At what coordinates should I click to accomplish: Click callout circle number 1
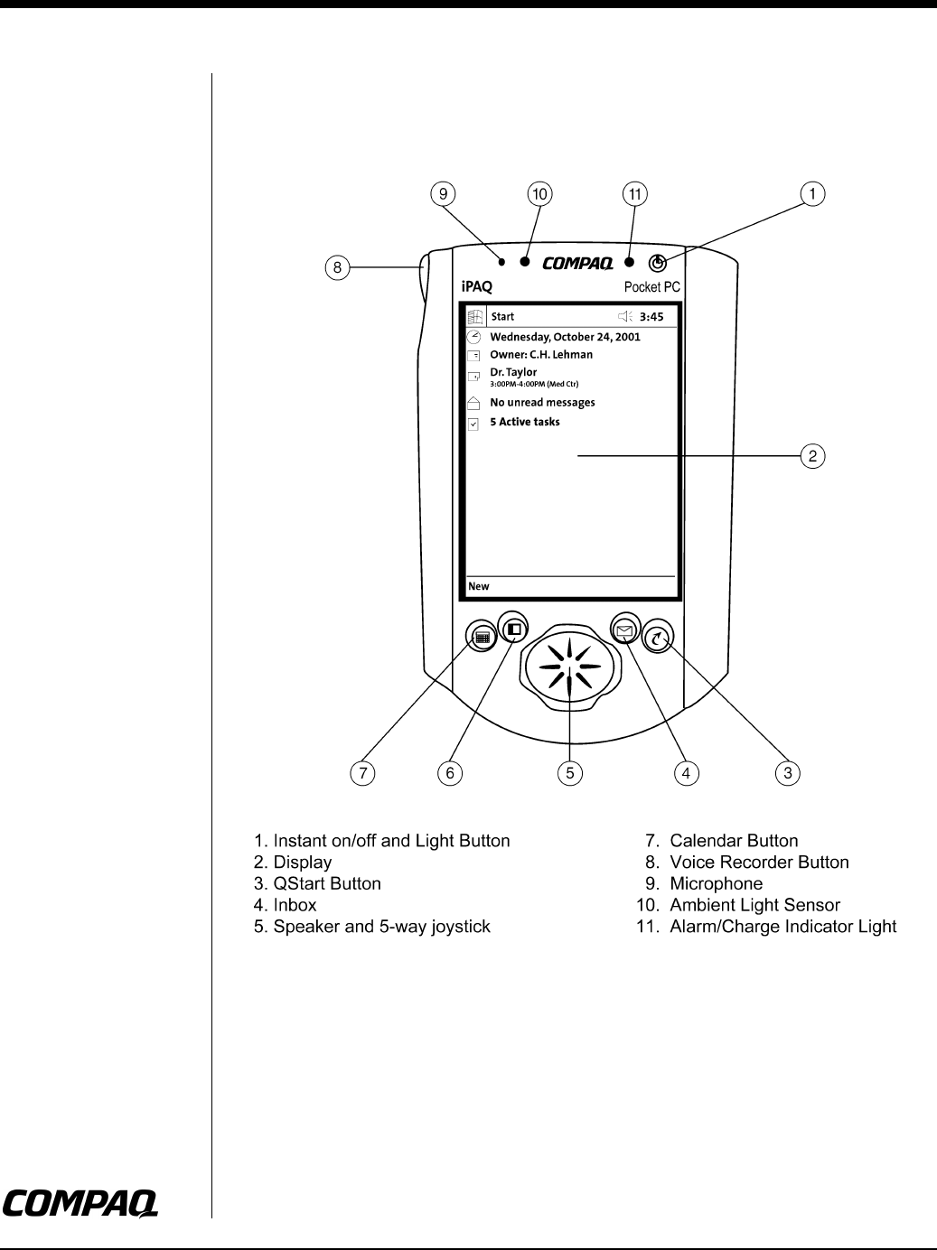813,193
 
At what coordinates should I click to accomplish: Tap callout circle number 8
336,266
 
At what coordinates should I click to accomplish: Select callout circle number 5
569,772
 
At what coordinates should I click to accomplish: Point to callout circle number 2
813,456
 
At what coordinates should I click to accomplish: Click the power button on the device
659,263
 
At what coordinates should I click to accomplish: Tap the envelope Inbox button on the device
623,629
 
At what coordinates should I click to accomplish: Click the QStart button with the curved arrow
658,638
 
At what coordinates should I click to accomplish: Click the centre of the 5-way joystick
569,668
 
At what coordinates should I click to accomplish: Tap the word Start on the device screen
502,317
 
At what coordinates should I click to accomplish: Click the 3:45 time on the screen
651,317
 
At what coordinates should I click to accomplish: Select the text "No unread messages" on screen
542,403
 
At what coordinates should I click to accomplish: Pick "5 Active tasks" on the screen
524,422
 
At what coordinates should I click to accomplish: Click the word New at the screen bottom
479,586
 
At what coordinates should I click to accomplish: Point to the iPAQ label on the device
476,288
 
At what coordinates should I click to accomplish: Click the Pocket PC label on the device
651,288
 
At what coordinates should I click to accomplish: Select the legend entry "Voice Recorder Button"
759,863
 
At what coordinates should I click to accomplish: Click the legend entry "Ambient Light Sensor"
754,905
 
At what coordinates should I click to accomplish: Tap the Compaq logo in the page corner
80,1202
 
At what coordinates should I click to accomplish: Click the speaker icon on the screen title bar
624,317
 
